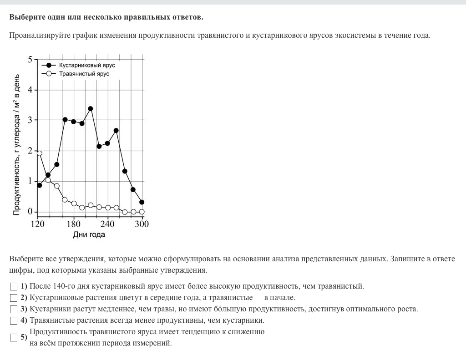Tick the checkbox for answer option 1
[x=14, y=286]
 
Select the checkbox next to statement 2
[x=14, y=298]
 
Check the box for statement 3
[x=14, y=309]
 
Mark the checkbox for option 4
[x=14, y=320]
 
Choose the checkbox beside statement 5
[x=14, y=338]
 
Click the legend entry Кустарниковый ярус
[x=87, y=65]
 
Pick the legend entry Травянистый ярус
[x=84, y=73]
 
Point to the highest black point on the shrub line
[x=91, y=109]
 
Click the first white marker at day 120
[x=40, y=153]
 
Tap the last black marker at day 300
[x=142, y=202]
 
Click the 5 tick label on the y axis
[x=30, y=60]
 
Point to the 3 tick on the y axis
[x=30, y=120]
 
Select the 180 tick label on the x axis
[x=74, y=224]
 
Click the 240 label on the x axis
[x=107, y=224]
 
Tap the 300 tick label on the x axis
[x=142, y=224]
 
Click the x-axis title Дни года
[x=89, y=234]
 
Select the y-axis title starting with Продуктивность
[x=17, y=144]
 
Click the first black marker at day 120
[x=40, y=185]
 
